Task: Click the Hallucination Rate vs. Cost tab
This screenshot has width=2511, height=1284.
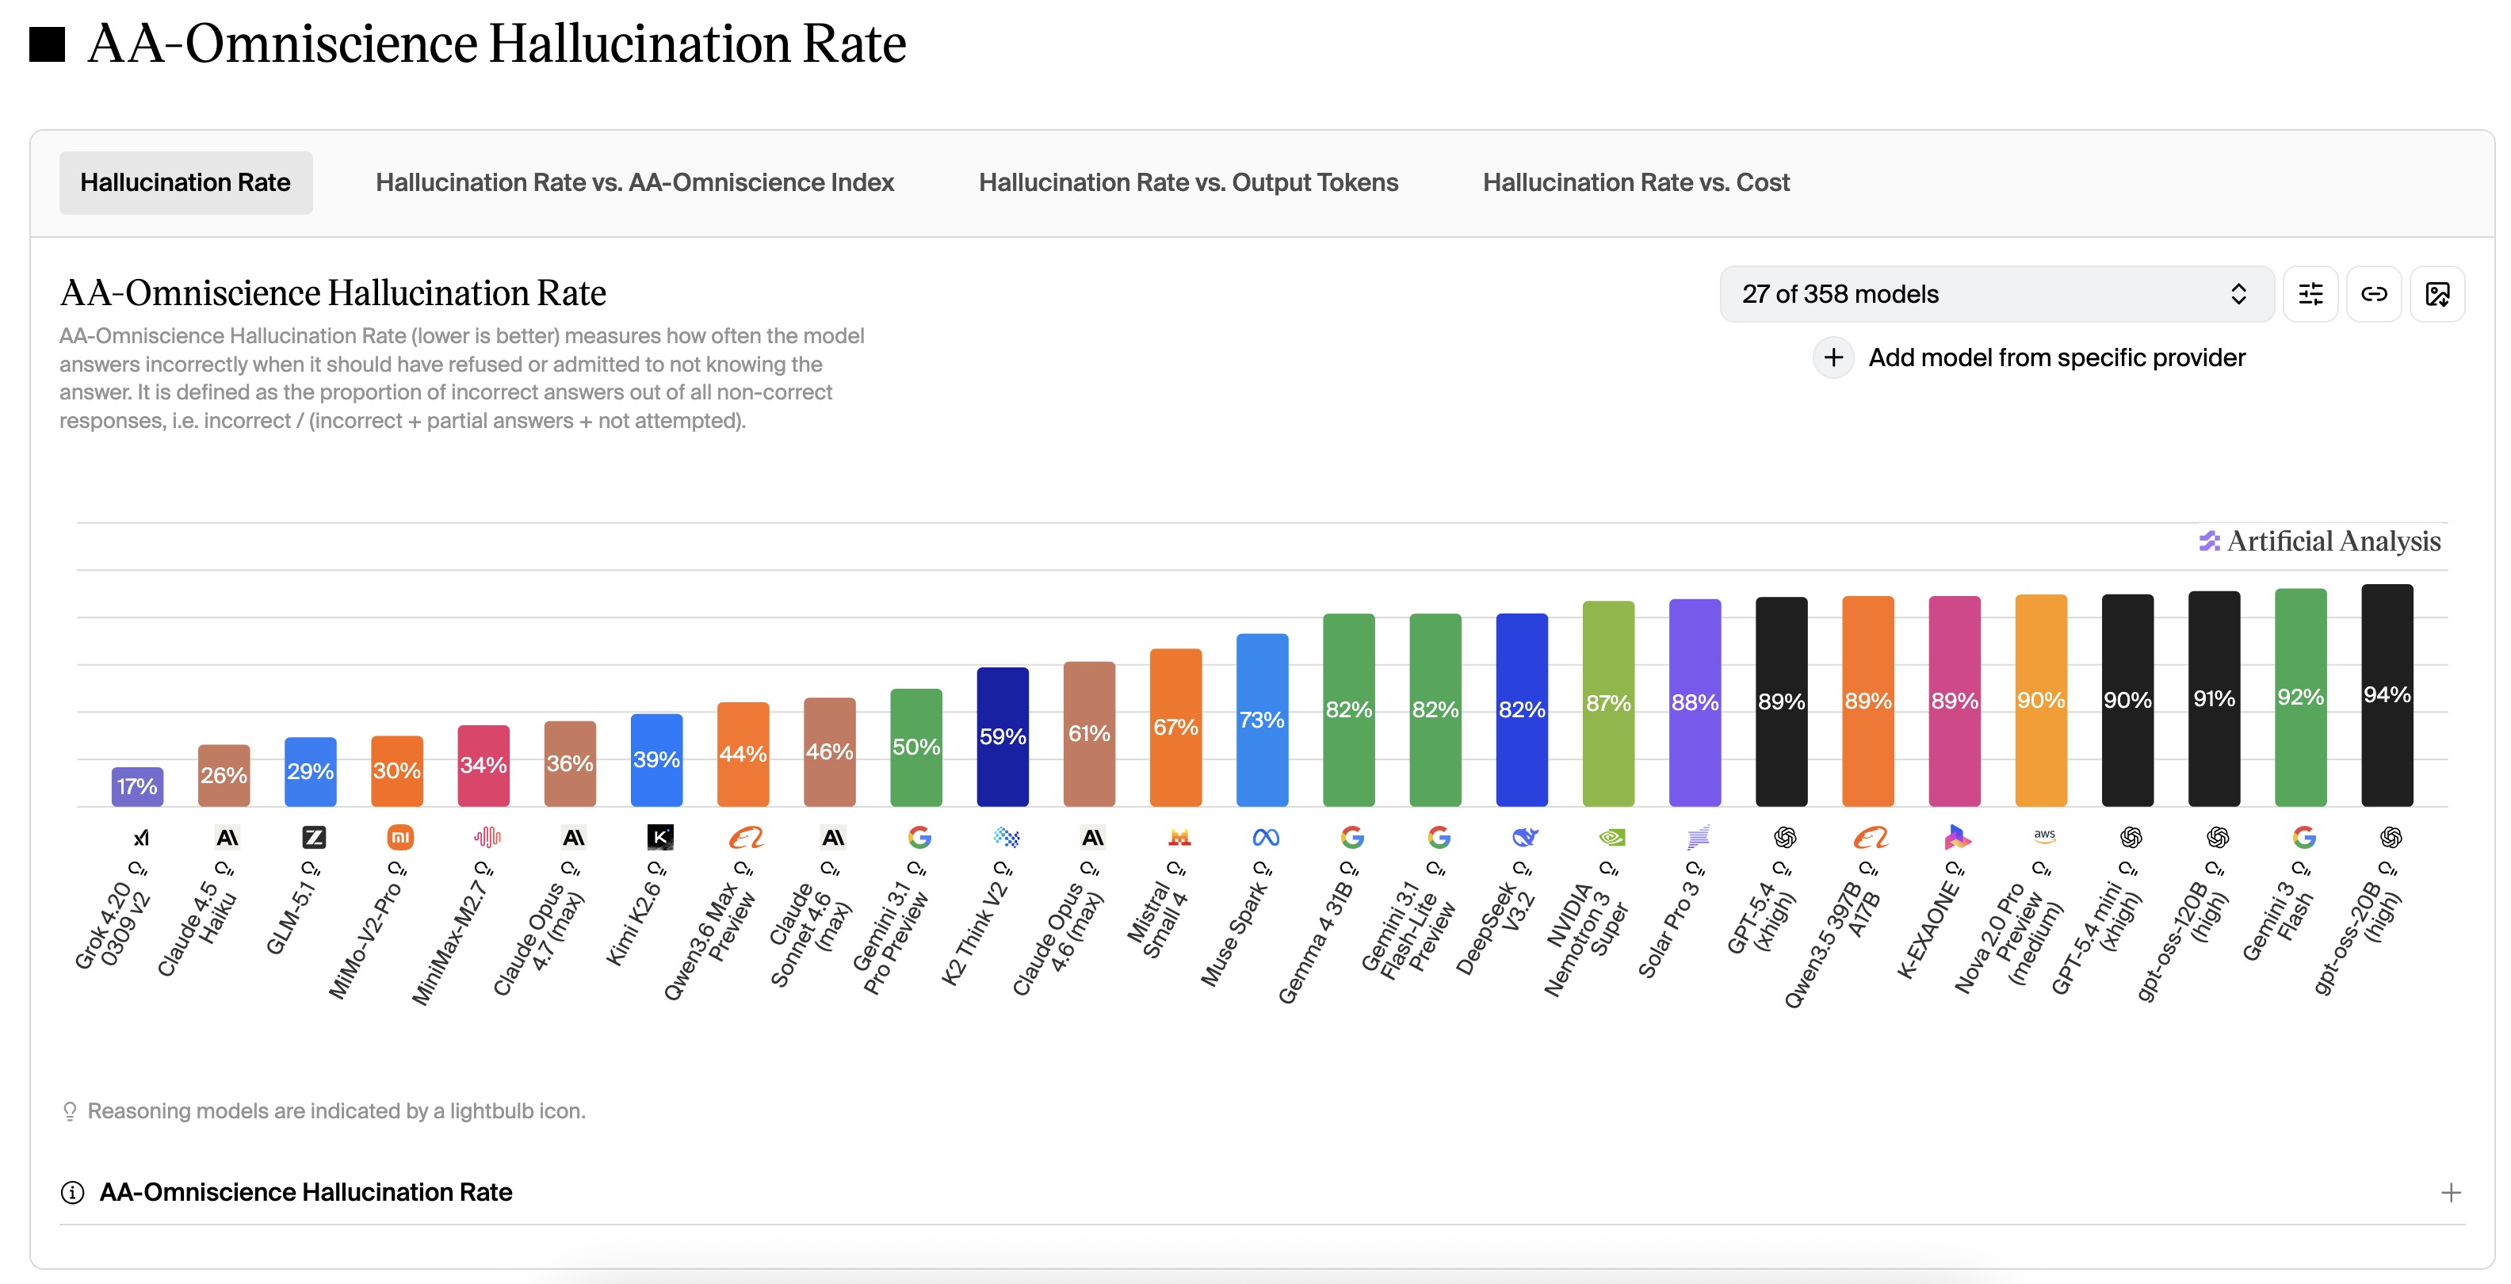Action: click(1636, 182)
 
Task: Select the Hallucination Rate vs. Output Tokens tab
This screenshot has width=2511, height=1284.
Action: click(1187, 182)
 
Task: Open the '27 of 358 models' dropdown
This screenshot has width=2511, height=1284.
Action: click(1994, 294)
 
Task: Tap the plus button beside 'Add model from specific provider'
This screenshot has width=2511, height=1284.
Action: click(1833, 357)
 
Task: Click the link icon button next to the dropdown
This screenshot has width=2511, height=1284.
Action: click(2374, 294)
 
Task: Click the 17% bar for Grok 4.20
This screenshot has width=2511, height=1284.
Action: click(137, 787)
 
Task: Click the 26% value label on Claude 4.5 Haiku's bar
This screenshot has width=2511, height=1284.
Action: click(224, 775)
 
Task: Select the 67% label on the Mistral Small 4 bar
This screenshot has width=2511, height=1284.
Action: click(1175, 728)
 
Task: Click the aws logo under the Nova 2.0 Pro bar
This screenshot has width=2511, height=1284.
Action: click(2044, 835)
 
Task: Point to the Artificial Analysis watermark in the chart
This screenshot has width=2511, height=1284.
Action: click(2320, 541)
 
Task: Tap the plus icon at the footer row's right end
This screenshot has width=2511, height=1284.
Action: click(2451, 1192)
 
